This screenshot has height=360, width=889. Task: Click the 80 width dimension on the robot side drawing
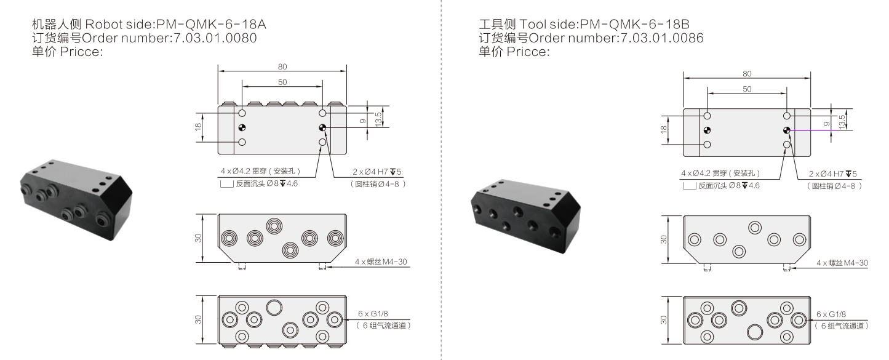[x=282, y=66]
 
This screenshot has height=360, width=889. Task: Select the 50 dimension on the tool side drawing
[x=746, y=89]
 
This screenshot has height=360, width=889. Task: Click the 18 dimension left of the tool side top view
[x=664, y=130]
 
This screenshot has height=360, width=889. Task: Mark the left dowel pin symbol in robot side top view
[x=242, y=128]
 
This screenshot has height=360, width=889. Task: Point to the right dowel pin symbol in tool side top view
[x=786, y=130]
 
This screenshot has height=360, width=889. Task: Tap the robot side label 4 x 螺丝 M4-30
[x=381, y=262]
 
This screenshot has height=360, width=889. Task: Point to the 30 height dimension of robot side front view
[x=199, y=238]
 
